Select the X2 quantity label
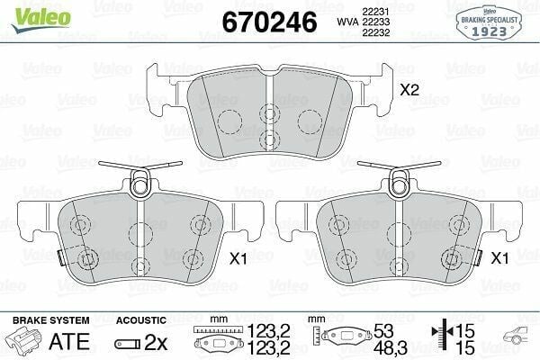(x=410, y=90)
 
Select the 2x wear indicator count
(x=158, y=342)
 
